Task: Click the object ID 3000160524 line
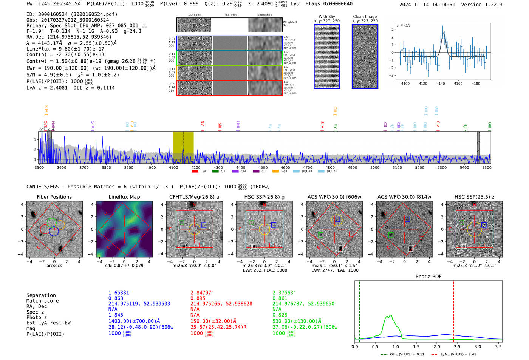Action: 72,14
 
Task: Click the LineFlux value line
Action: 65,49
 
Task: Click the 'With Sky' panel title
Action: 326,17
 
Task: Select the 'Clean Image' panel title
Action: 365,17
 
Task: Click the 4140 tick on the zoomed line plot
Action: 441,83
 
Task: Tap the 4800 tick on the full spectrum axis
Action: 330,167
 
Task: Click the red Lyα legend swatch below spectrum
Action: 195,172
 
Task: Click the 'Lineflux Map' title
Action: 124,197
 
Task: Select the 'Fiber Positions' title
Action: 54,197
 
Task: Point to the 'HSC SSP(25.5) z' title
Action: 474,197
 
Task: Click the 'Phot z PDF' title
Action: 428,277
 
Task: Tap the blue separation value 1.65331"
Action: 120,293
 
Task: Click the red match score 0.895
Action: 198,298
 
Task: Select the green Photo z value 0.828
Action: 280,315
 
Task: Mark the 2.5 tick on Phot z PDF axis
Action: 457,346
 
